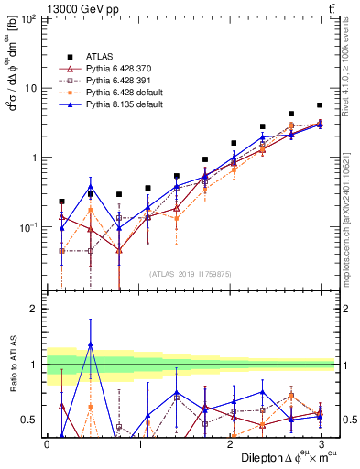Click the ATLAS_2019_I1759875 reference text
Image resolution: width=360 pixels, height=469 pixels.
click(189, 272)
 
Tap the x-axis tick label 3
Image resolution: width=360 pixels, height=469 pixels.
click(321, 443)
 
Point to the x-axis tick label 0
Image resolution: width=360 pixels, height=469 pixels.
click(47, 443)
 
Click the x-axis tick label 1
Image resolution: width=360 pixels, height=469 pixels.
click(138, 443)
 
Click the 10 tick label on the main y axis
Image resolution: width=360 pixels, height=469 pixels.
click(29, 88)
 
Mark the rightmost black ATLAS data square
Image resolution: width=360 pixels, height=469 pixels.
click(320, 105)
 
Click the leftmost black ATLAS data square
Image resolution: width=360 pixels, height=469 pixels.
click(61, 202)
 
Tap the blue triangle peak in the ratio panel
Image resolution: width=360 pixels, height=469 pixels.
click(91, 344)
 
